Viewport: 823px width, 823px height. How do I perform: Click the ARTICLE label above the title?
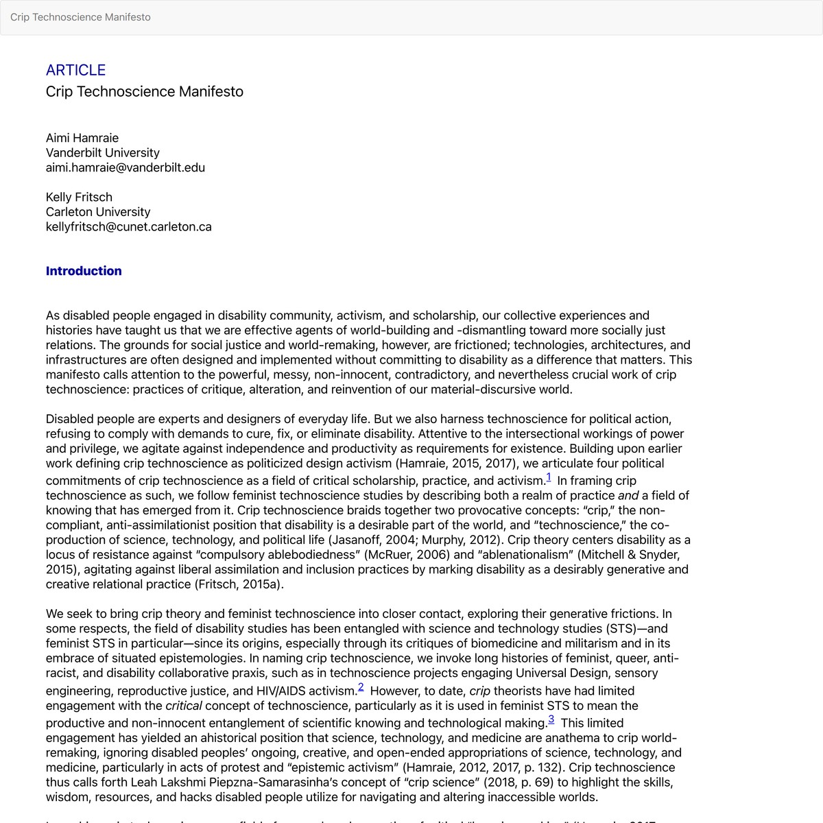tap(75, 70)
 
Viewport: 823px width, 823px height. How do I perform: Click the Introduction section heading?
tap(84, 271)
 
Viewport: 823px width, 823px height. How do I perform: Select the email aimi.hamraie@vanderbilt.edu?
tap(126, 167)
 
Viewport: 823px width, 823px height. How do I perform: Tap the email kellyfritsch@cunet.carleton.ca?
tap(128, 226)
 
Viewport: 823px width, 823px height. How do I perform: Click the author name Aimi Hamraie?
tap(82, 138)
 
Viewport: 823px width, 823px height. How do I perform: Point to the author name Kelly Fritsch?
tap(79, 197)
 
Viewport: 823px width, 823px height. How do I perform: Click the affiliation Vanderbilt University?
tap(103, 152)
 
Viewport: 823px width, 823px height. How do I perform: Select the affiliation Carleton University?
tap(98, 212)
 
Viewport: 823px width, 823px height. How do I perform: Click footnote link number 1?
tap(549, 478)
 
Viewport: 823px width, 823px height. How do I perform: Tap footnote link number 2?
tap(361, 688)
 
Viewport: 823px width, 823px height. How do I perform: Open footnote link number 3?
tap(551, 720)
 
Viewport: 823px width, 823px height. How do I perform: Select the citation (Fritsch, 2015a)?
tap(239, 584)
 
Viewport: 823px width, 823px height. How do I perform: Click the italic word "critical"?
tap(183, 706)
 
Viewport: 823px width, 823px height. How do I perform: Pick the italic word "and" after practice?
tap(628, 495)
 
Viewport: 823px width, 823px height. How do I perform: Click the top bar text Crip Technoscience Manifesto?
tap(80, 17)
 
